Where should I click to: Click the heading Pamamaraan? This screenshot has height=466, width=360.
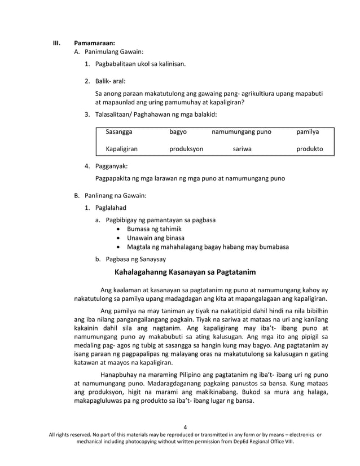[94, 43]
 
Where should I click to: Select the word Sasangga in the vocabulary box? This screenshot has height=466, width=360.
[119, 132]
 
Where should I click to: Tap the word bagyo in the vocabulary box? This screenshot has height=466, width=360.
[178, 132]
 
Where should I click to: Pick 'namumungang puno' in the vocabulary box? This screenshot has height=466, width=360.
[241, 132]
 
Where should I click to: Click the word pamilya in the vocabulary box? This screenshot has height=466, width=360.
[308, 132]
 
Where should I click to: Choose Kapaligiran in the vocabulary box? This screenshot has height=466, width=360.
[122, 150]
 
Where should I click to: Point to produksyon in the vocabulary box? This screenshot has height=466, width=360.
[186, 150]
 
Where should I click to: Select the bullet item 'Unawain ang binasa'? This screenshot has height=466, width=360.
[154, 238]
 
